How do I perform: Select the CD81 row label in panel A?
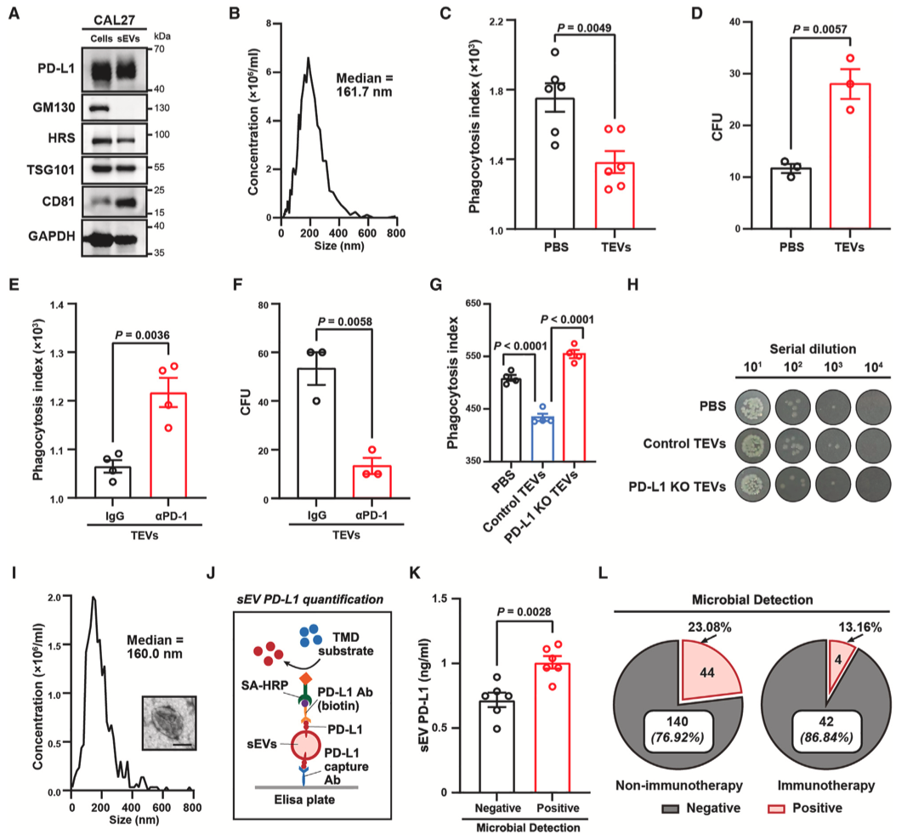click(50, 201)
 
